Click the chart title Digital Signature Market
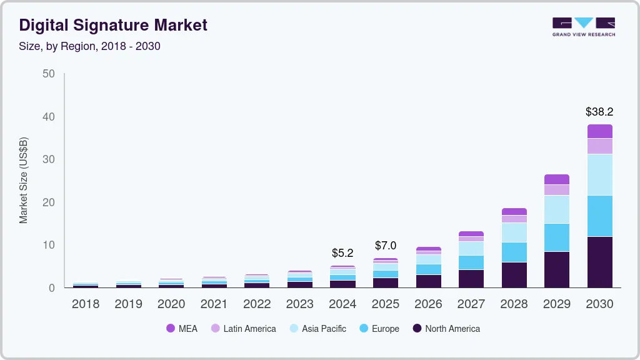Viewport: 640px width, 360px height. pyautogui.click(x=113, y=25)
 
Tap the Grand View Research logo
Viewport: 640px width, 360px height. pyautogui.click(x=583, y=27)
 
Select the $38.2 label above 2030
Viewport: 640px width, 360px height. pyautogui.click(x=599, y=112)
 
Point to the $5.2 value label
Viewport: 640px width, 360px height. pyautogui.click(x=342, y=253)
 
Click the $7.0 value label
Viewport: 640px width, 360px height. pyautogui.click(x=385, y=246)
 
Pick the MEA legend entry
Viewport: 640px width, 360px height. pyautogui.click(x=182, y=328)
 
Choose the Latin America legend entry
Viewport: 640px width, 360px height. pyautogui.click(x=243, y=328)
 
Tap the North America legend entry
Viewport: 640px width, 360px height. pyautogui.click(x=446, y=328)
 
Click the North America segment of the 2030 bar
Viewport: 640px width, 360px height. pyautogui.click(x=599, y=262)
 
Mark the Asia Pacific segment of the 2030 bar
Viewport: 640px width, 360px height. pyautogui.click(x=599, y=174)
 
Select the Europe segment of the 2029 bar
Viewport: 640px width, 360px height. pyautogui.click(x=556, y=237)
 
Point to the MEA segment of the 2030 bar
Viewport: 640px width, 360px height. pyautogui.click(x=599, y=131)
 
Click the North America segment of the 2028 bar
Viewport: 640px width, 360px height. pyautogui.click(x=514, y=274)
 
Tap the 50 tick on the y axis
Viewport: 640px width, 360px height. pyautogui.click(x=49, y=74)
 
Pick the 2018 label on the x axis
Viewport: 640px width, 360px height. pyautogui.click(x=85, y=304)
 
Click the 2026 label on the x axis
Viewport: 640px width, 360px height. pyautogui.click(x=428, y=304)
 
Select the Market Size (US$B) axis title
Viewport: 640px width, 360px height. pyautogui.click(x=24, y=180)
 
